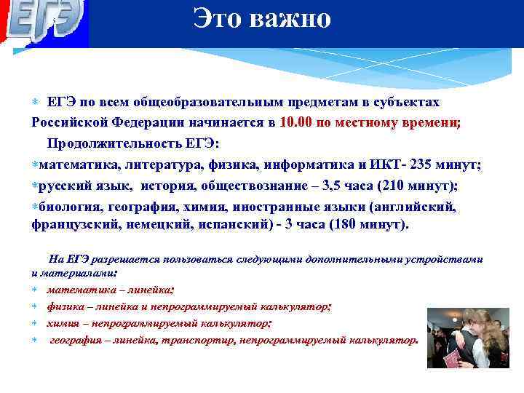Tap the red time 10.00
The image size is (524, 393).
coord(295,122)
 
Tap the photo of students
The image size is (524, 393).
coord(467,338)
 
